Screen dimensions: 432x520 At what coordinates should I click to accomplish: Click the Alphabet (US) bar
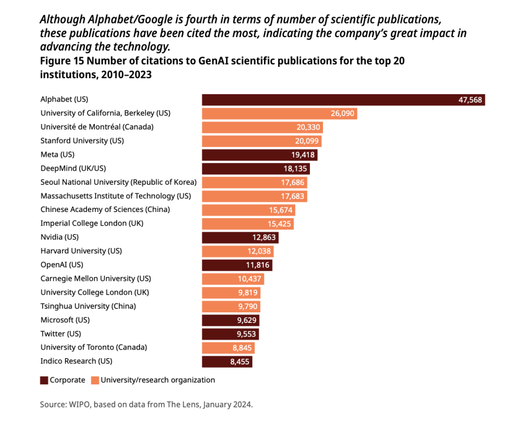pyautogui.click(x=343, y=99)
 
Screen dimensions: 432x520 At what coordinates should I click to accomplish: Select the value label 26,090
pyautogui.click(x=343, y=113)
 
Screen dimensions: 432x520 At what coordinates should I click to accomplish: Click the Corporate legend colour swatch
pyautogui.click(x=44, y=380)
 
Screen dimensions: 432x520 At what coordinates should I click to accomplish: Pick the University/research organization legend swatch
pyautogui.click(x=95, y=380)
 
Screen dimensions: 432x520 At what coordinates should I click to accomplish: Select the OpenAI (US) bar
pyautogui.click(x=237, y=265)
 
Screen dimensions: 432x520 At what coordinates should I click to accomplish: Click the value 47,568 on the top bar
pyautogui.click(x=470, y=100)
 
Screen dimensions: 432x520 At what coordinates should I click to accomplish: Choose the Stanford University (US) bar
pyautogui.click(x=262, y=141)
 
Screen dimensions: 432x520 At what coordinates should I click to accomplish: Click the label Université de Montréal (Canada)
pyautogui.click(x=97, y=127)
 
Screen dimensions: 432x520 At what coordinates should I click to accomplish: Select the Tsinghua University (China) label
pyautogui.click(x=88, y=306)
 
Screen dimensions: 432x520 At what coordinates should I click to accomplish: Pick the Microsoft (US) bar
pyautogui.click(x=231, y=320)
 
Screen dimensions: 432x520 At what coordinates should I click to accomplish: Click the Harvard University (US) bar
pyautogui.click(x=237, y=251)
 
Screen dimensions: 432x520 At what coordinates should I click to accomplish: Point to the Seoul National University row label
pyautogui.click(x=118, y=182)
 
